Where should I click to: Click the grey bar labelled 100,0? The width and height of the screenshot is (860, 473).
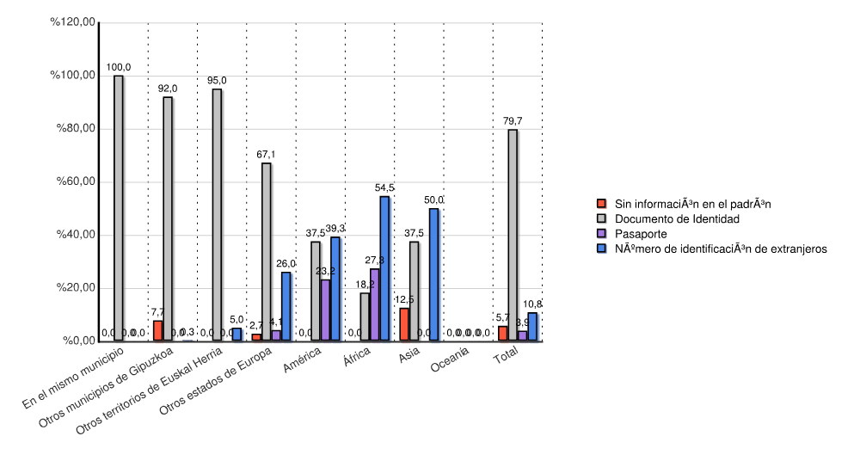click(118, 208)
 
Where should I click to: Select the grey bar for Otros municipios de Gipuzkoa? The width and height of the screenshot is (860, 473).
click(168, 218)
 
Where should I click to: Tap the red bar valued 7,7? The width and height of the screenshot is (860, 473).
click(157, 330)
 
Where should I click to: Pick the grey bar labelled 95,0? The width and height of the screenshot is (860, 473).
click(217, 215)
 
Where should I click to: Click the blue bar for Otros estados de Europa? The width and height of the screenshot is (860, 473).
click(286, 306)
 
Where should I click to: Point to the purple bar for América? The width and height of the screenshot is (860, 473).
click(325, 310)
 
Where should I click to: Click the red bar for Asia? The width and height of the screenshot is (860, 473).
click(404, 324)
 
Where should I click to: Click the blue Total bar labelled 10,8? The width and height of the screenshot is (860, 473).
click(532, 327)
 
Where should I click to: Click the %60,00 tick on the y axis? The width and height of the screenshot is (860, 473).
click(76, 181)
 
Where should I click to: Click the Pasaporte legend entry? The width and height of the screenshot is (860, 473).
click(640, 234)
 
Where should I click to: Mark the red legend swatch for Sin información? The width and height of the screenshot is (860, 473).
click(602, 204)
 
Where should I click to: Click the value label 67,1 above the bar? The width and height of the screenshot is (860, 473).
click(266, 154)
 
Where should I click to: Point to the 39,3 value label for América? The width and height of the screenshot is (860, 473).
click(335, 228)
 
